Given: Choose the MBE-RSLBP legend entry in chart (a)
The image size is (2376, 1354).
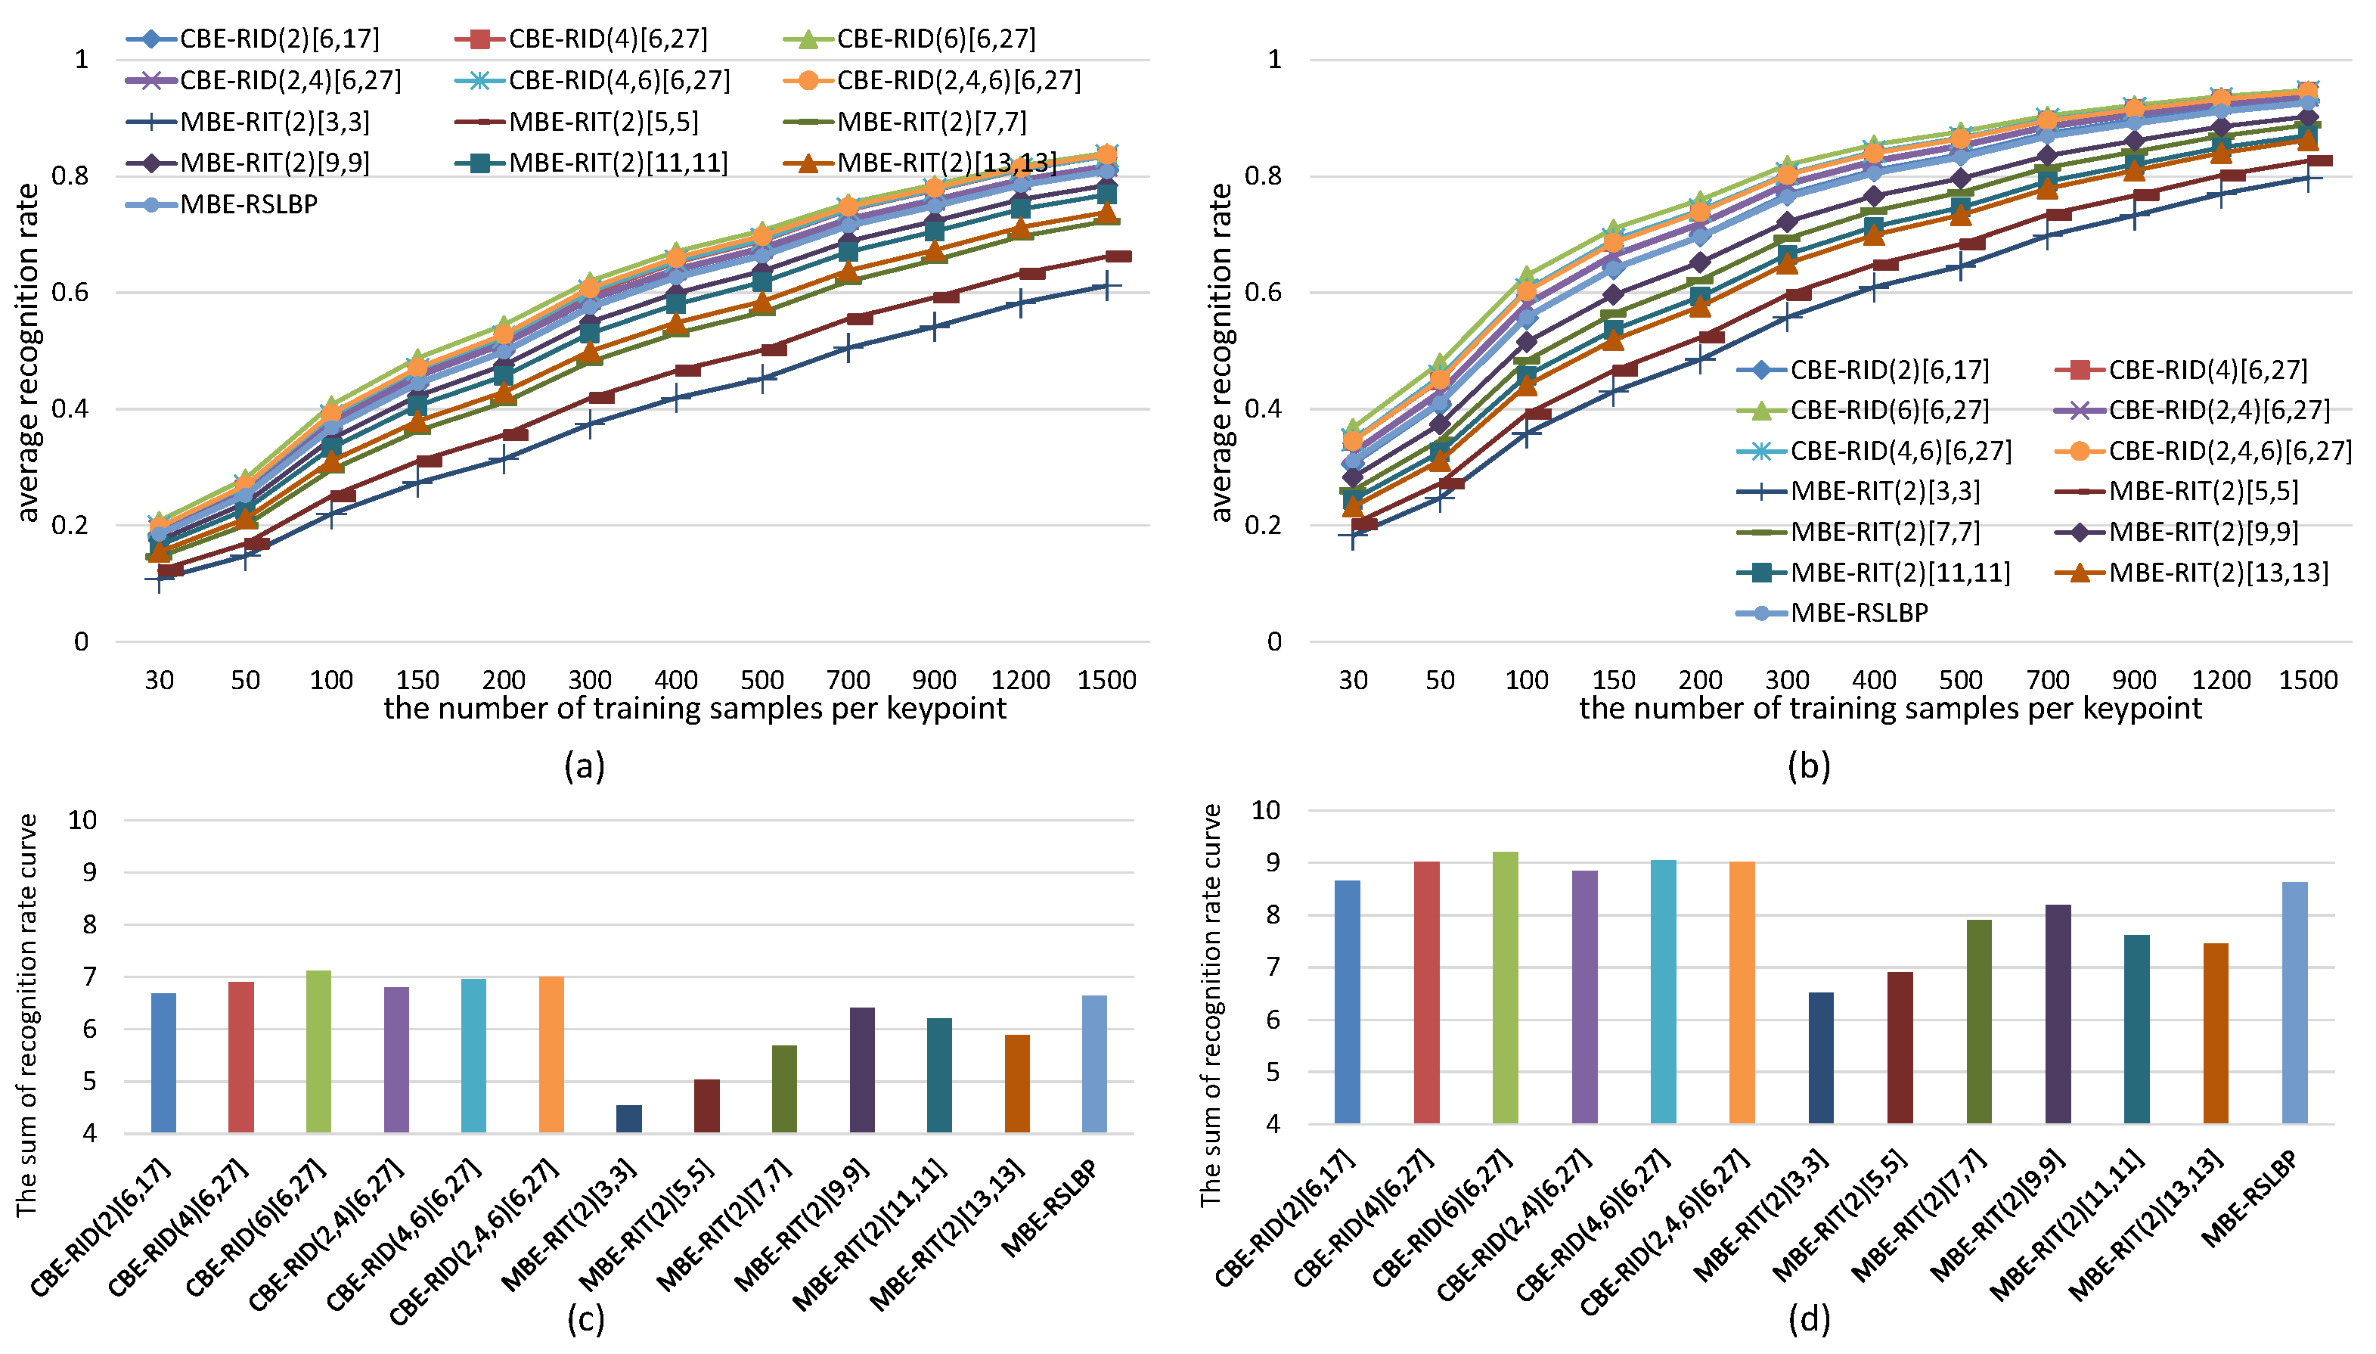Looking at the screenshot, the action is pos(222,203).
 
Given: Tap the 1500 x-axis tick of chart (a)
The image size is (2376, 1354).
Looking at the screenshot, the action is pos(1106,680).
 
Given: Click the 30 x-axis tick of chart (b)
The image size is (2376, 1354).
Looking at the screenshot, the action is pos(1353,680).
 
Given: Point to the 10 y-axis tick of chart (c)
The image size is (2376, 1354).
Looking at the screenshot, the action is pos(82,819).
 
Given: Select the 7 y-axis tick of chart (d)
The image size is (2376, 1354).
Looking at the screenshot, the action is pos(1272,967).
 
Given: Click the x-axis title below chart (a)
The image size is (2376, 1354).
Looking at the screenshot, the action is pos(694,709).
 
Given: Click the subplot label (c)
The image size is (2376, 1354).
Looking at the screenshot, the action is pos(585,1318).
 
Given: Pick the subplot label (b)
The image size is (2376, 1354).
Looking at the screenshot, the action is pos(1808,766).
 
